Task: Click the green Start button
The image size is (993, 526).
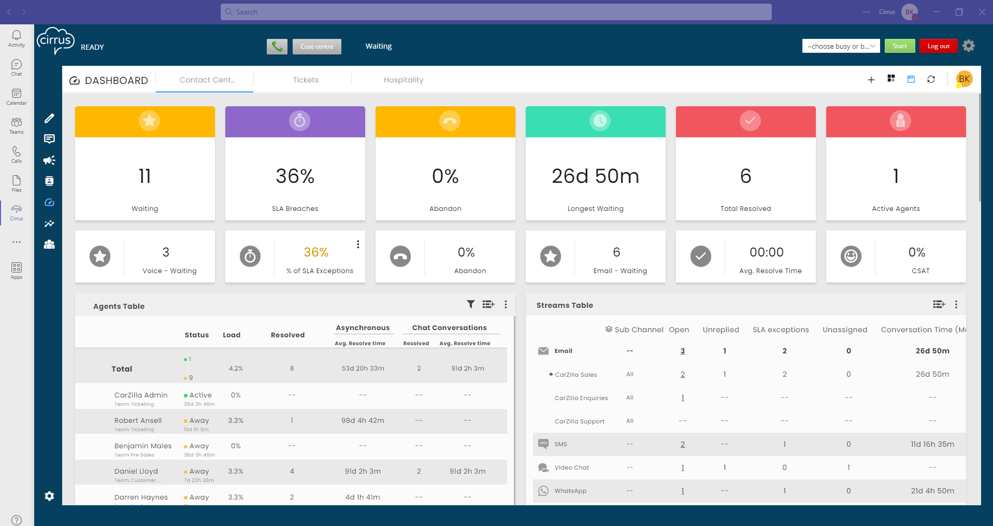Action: point(899,46)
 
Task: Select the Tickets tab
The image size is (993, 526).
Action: point(306,80)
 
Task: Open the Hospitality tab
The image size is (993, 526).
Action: point(404,80)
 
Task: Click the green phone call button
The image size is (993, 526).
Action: point(277,47)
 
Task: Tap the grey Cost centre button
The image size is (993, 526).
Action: point(317,47)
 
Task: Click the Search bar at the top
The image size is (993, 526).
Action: point(496,12)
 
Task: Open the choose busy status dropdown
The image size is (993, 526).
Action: point(841,46)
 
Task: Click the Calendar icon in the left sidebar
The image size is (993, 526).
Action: point(17,96)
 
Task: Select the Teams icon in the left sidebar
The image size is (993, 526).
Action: point(17,125)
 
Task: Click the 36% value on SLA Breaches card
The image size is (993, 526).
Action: point(295,176)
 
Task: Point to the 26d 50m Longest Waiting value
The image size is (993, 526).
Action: point(595,176)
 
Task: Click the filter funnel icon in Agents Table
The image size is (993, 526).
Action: point(470,304)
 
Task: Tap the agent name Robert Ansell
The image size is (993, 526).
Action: point(138,420)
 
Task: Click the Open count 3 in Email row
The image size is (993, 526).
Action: point(683,351)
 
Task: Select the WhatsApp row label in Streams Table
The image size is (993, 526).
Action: point(570,491)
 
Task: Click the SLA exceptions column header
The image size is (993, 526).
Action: point(781,330)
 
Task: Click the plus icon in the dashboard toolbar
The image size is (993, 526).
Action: point(871,79)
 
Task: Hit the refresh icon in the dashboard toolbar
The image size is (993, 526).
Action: point(931,79)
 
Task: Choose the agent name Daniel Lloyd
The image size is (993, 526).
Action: point(136,471)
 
